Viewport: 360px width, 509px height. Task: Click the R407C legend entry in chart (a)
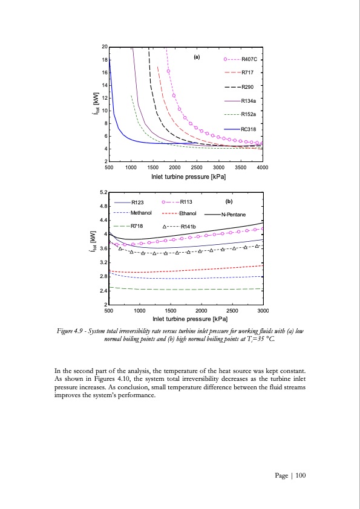point(250,59)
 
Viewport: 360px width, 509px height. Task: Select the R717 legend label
point(248,73)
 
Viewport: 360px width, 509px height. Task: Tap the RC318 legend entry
point(249,129)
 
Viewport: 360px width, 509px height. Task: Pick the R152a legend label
point(249,114)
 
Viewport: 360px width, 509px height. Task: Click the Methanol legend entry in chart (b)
point(141,213)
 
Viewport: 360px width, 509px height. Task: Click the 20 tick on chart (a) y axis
point(105,47)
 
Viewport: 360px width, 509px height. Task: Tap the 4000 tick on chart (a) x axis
point(263,167)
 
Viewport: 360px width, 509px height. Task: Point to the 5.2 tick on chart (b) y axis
point(104,192)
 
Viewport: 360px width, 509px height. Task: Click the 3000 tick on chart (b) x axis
point(263,310)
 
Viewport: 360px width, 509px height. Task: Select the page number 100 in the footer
point(301,476)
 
